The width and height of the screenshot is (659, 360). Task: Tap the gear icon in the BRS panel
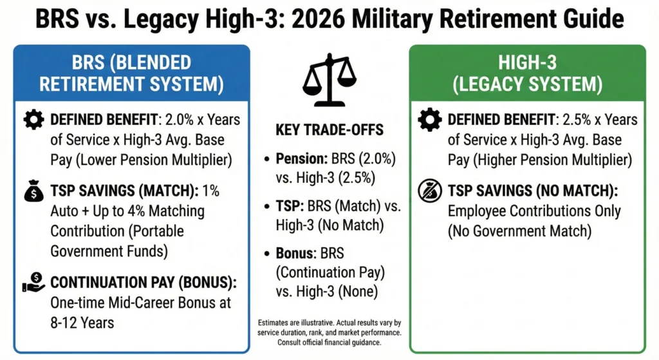33,120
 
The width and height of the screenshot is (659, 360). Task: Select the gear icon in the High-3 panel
430,120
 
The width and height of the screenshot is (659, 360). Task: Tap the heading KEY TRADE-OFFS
329,130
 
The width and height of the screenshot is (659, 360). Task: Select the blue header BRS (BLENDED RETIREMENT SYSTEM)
132,73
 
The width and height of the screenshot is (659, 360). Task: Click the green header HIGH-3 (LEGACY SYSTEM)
527,73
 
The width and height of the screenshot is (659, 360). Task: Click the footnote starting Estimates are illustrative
329,332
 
